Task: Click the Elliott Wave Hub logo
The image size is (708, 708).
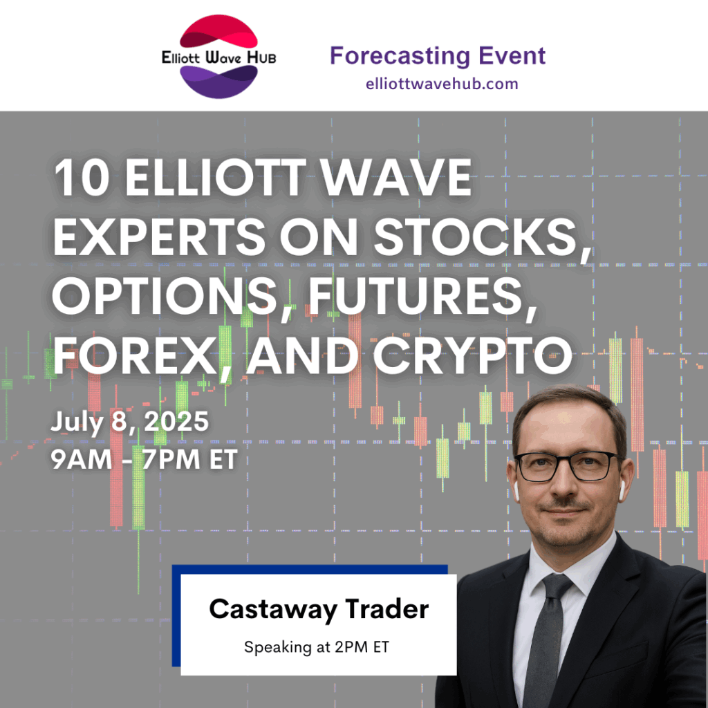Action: (x=219, y=57)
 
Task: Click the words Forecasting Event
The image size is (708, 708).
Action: (x=438, y=56)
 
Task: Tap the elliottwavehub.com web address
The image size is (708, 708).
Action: (x=442, y=84)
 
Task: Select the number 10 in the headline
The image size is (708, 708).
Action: (x=82, y=178)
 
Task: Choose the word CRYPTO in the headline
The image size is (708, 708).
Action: (x=472, y=356)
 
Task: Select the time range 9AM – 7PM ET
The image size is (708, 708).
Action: (x=144, y=460)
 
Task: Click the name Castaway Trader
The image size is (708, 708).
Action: (x=319, y=610)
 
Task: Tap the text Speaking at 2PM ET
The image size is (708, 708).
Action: (x=317, y=647)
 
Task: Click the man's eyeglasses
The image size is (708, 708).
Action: (x=567, y=466)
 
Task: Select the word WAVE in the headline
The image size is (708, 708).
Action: (x=396, y=178)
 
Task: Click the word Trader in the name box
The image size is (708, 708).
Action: (x=387, y=609)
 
